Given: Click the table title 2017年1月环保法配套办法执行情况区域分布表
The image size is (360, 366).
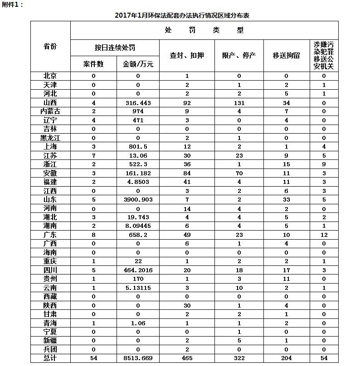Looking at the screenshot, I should (x=182, y=15).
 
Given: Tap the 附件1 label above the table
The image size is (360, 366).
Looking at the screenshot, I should (x=12, y=4).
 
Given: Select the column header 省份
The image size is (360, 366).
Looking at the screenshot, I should (x=50, y=46).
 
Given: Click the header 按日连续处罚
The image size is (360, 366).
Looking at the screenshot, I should (x=115, y=48).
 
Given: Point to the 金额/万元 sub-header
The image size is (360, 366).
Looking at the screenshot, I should (x=138, y=64).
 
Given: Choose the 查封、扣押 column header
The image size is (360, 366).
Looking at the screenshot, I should (x=187, y=55).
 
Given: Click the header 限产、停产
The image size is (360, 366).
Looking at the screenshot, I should (x=239, y=55).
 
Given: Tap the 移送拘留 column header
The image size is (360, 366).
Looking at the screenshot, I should (x=286, y=55).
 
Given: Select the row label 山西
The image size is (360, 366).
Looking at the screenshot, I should (x=50, y=103).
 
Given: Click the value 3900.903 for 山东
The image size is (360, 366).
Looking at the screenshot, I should (x=138, y=199).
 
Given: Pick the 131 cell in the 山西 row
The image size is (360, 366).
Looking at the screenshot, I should (x=239, y=103).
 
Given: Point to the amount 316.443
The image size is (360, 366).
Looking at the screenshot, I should (x=138, y=103).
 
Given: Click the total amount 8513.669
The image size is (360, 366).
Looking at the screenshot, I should (x=138, y=358).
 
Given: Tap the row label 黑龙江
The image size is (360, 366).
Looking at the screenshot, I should (x=50, y=138).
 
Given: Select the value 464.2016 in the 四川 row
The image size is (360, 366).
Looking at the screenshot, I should (x=138, y=270).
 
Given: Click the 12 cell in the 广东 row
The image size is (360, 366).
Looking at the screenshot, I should (x=324, y=235).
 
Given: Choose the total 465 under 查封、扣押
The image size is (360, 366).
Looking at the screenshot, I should (x=187, y=358).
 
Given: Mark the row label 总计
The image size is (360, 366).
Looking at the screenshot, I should (x=50, y=358).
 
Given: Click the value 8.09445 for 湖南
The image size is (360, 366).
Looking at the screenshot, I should (x=138, y=226).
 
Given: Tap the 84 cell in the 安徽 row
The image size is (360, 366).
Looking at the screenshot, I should (x=187, y=173).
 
